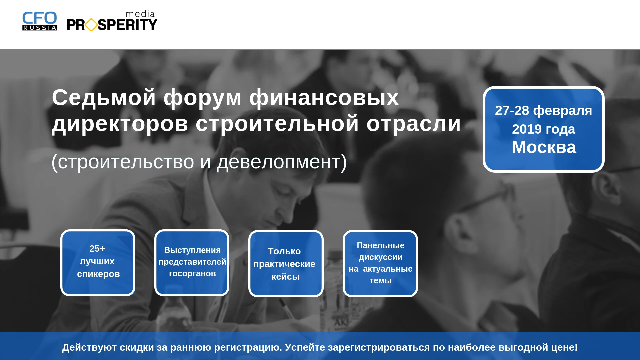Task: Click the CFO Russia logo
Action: [40, 21]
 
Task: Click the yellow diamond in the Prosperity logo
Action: [91, 25]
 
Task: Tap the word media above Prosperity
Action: [140, 14]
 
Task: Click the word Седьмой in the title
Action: [104, 98]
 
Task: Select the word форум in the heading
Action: [203, 98]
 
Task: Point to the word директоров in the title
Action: [120, 124]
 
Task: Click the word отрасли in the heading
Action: [414, 124]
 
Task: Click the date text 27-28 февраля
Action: [543, 111]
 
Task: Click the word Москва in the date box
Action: [544, 147]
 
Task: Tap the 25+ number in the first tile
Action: [97, 248]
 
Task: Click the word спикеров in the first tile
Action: [98, 274]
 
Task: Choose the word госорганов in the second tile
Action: [192, 273]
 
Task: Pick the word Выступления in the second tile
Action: [192, 250]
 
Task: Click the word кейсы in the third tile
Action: [286, 277]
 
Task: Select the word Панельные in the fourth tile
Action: [381, 245]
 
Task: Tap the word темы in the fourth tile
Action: [381, 281]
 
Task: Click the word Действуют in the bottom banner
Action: [89, 347]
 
